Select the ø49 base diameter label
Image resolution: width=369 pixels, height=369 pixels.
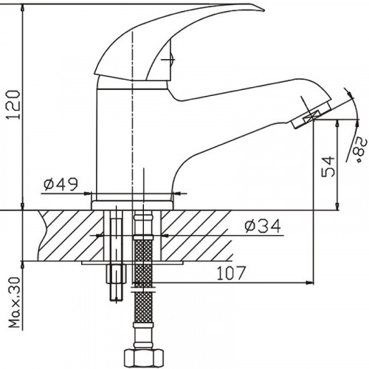(x=59, y=186)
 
